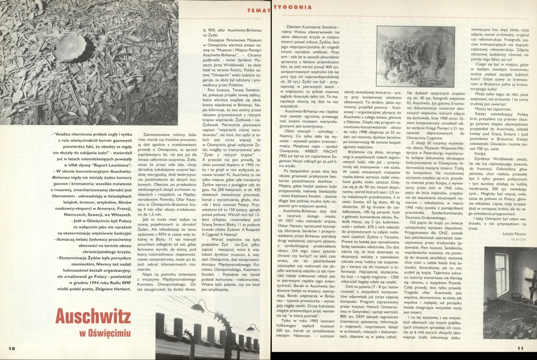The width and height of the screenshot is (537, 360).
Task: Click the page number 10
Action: (12, 348)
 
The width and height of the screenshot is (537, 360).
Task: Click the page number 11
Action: (521, 348)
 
